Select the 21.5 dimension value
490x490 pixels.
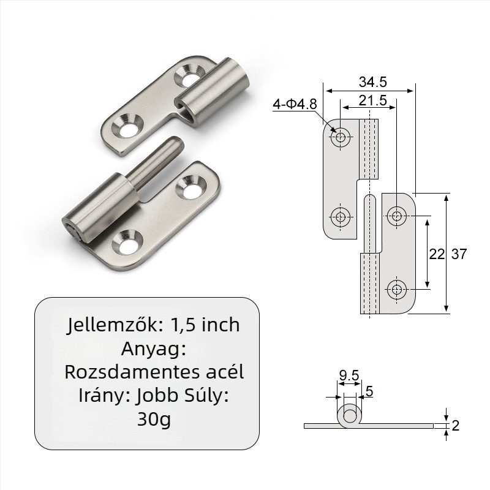pos(373,101)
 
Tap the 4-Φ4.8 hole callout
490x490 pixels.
pos(295,104)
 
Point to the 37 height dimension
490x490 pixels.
pos(459,254)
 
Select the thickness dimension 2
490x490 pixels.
pos(455,426)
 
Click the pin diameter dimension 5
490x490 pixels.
pos(369,390)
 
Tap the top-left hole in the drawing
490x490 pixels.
pos(340,137)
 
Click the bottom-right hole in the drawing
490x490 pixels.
pos(397,288)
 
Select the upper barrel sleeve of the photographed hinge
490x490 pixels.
pos(214,92)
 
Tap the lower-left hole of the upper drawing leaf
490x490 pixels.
pos(340,216)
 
